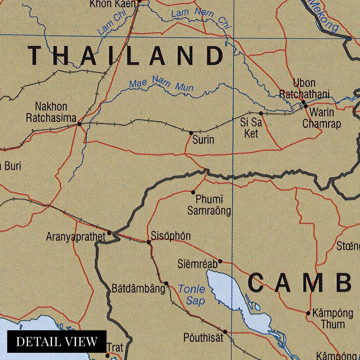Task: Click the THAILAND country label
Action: coord(126,56)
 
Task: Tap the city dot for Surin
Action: coord(191,132)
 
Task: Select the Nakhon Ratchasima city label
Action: coord(51,112)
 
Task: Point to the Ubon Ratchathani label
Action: coord(304,89)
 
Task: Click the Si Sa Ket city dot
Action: coord(261,113)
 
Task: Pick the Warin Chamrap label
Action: coord(321,118)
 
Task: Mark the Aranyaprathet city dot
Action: coord(109,234)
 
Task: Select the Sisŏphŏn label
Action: coord(170,236)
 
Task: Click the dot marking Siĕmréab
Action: coord(220,261)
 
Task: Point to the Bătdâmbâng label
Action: coord(138,288)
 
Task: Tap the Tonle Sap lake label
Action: coord(192,295)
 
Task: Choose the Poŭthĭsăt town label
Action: coord(202,337)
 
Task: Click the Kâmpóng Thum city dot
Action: coord(308,313)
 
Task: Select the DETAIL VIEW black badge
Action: coord(57,341)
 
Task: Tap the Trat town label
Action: coord(115,348)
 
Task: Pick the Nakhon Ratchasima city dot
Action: coord(79,123)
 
